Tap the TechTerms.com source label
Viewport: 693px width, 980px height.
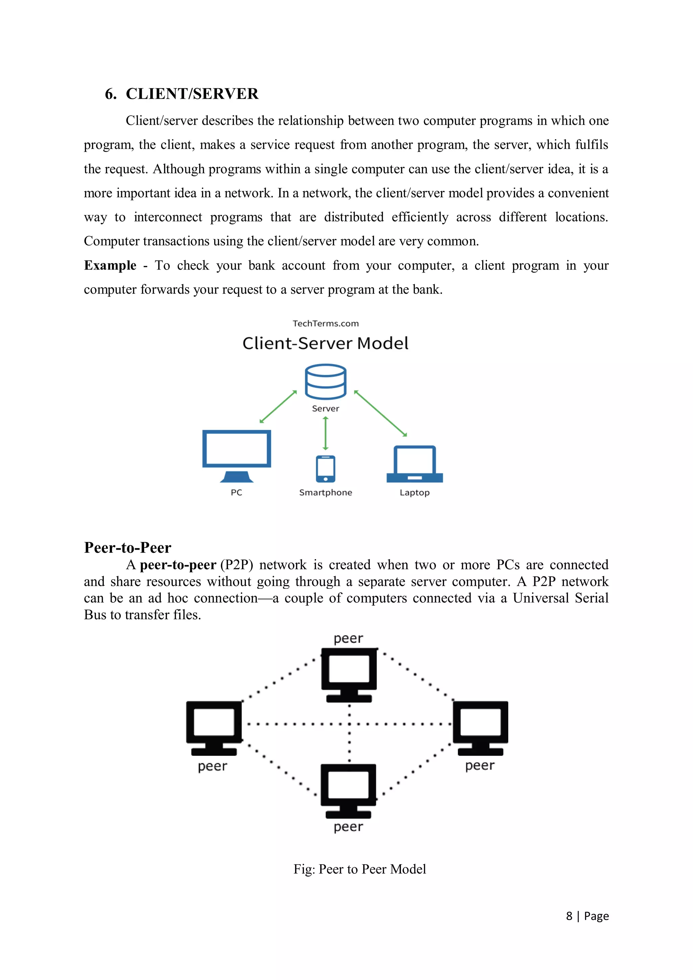[x=326, y=323]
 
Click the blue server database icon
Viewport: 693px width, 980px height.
[x=326, y=382]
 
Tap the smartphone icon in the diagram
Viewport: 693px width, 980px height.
[x=326, y=469]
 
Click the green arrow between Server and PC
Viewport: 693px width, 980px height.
[x=278, y=407]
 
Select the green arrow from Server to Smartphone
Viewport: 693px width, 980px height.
[x=326, y=433]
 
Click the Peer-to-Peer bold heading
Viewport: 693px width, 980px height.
[x=128, y=548]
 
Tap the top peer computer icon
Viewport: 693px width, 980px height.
[x=349, y=675]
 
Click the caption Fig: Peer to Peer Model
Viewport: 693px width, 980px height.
[x=359, y=869]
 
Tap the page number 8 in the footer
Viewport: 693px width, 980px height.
[x=569, y=916]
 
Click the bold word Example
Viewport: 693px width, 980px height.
[x=110, y=266]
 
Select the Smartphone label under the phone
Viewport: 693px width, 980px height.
[x=326, y=493]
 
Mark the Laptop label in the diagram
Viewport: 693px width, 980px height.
[x=415, y=493]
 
